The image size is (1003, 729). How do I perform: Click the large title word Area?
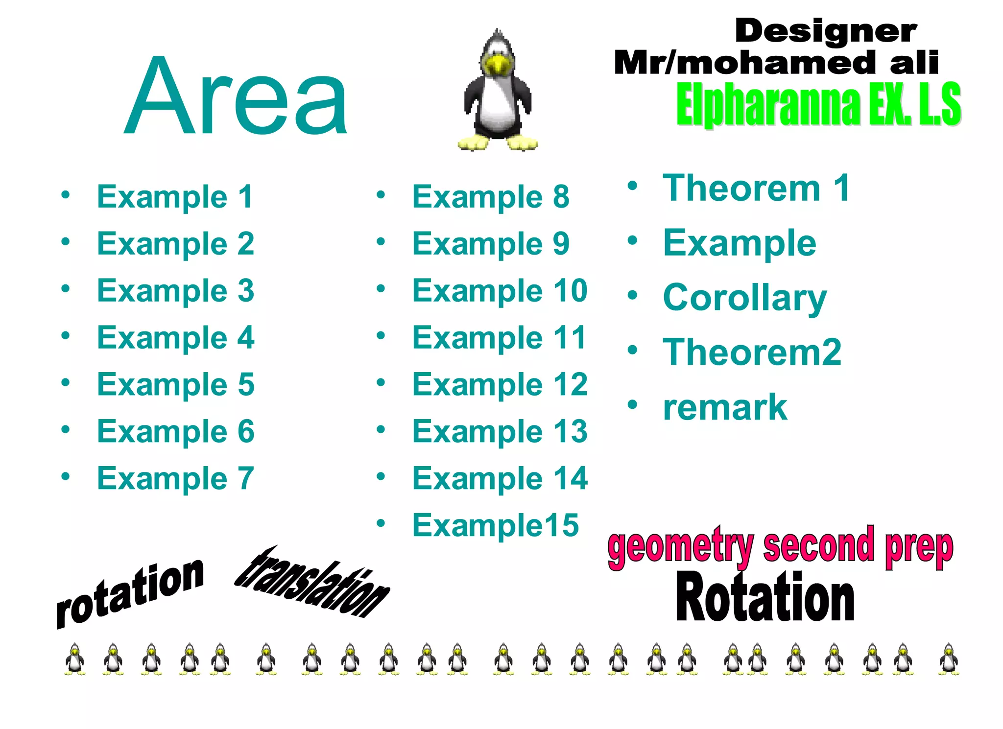click(236, 96)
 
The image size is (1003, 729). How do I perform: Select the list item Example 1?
click(175, 197)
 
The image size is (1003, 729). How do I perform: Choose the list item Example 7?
click(175, 478)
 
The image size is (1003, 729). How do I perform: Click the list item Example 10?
click(500, 291)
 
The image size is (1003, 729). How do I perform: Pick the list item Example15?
click(495, 525)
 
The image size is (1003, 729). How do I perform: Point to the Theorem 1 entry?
click(756, 188)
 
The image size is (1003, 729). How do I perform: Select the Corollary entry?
click(744, 298)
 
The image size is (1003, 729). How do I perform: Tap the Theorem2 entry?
click(752, 353)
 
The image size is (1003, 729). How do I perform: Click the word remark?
click(724, 407)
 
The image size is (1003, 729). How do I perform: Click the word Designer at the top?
click(825, 31)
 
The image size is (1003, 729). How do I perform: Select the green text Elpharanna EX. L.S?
click(818, 104)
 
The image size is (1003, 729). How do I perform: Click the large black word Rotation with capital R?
click(764, 598)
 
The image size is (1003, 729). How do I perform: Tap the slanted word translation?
click(312, 583)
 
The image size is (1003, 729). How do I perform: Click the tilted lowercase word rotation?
click(130, 593)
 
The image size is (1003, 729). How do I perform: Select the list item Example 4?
click(175, 338)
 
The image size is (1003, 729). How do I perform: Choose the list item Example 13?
click(500, 431)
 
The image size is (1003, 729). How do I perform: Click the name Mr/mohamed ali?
click(776, 63)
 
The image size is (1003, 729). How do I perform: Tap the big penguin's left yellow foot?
click(473, 143)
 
